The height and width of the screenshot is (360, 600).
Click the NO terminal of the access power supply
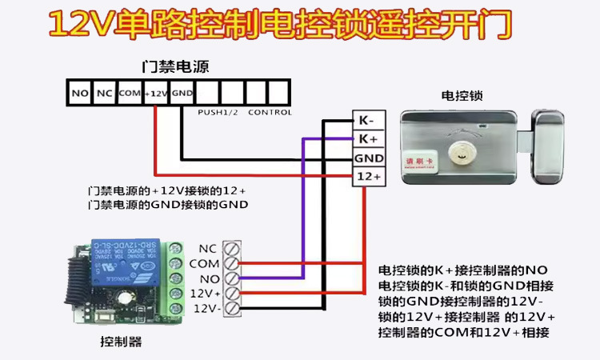click(79, 94)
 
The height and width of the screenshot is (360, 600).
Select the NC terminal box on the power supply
click(104, 94)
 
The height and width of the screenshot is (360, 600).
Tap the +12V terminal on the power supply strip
click(156, 94)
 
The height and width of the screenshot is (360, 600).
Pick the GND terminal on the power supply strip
click(182, 94)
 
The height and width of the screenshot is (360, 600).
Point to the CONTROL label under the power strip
click(270, 113)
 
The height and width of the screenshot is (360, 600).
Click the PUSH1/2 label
click(218, 113)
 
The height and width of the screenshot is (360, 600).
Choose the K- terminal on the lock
click(368, 121)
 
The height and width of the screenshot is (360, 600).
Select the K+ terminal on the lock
click(368, 139)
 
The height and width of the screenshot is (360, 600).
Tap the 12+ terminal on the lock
click(368, 176)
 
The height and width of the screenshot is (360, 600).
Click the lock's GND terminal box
click(368, 158)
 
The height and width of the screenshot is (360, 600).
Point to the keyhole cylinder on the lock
click(461, 150)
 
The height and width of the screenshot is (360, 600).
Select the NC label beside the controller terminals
click(207, 248)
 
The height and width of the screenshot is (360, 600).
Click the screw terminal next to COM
click(232, 263)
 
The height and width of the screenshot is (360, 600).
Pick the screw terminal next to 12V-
click(232, 308)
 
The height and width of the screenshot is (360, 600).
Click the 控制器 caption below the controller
click(121, 342)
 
